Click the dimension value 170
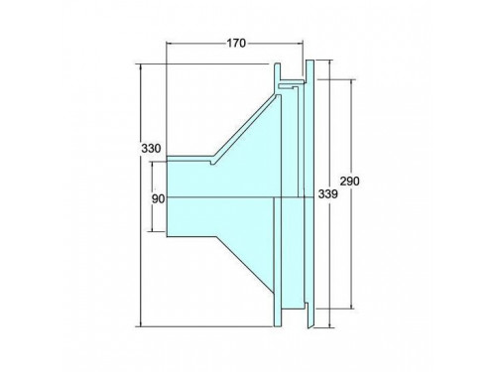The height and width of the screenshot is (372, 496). tap(236, 43)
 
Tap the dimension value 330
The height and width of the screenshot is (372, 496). tap(151, 148)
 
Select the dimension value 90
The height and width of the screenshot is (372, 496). tap(158, 199)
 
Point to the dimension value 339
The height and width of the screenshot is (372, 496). tap(328, 194)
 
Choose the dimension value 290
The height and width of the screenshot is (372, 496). tap(349, 182)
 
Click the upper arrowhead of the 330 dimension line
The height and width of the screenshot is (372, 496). tap(141, 66)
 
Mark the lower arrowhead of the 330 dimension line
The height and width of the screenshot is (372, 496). tap(141, 323)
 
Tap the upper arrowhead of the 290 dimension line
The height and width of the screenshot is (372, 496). tap(351, 82)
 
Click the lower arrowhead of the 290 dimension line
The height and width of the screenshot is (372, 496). tap(351, 306)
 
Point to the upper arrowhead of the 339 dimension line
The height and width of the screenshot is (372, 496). tap(329, 63)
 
